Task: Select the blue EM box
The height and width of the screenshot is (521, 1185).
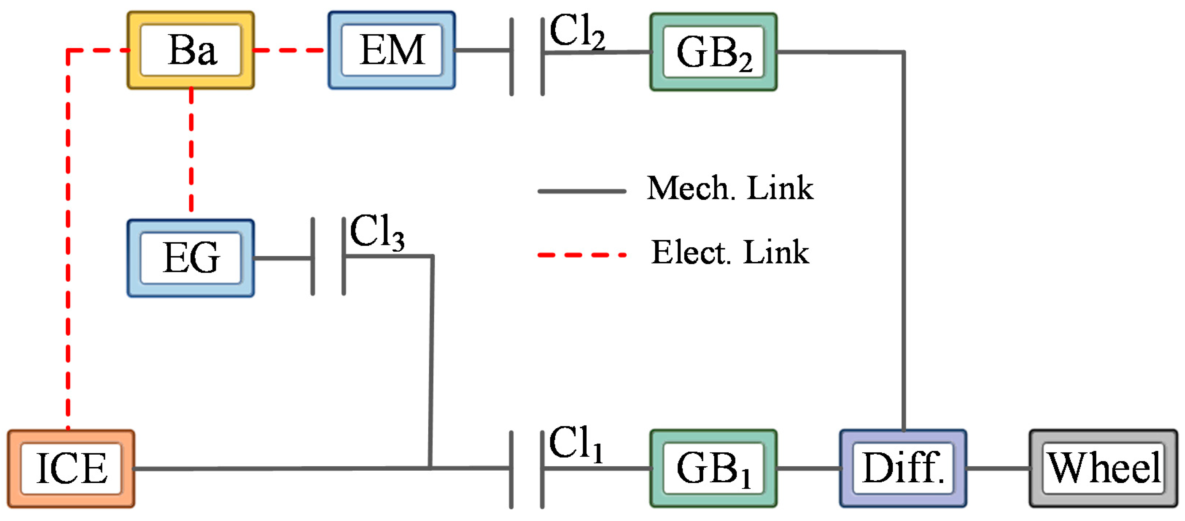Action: coord(392,50)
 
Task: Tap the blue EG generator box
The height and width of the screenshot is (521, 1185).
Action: coord(190,258)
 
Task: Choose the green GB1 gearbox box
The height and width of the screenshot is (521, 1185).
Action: coord(713,468)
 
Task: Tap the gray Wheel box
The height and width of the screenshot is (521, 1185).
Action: coord(1103,468)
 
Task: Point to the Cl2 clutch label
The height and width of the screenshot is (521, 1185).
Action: coord(577,31)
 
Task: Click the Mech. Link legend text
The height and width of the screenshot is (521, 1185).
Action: coord(730,188)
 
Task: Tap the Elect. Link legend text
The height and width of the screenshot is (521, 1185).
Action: coord(730,253)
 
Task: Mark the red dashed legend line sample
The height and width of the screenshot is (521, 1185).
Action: coord(582,255)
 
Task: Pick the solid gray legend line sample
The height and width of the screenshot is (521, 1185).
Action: coord(582,191)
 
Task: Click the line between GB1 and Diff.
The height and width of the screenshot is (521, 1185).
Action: coord(808,468)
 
